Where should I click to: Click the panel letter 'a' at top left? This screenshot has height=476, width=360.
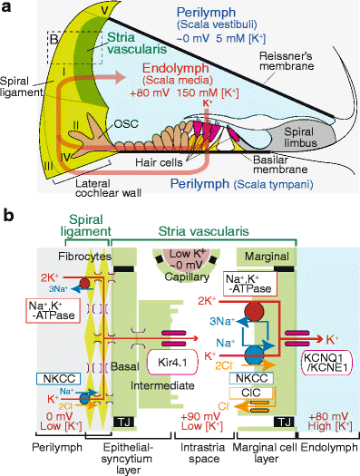8,8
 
